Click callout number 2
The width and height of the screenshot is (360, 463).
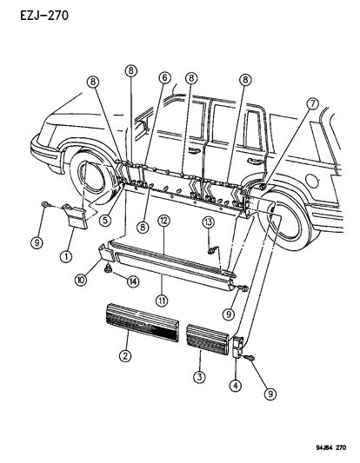[127, 356]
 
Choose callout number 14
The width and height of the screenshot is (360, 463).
[133, 281]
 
